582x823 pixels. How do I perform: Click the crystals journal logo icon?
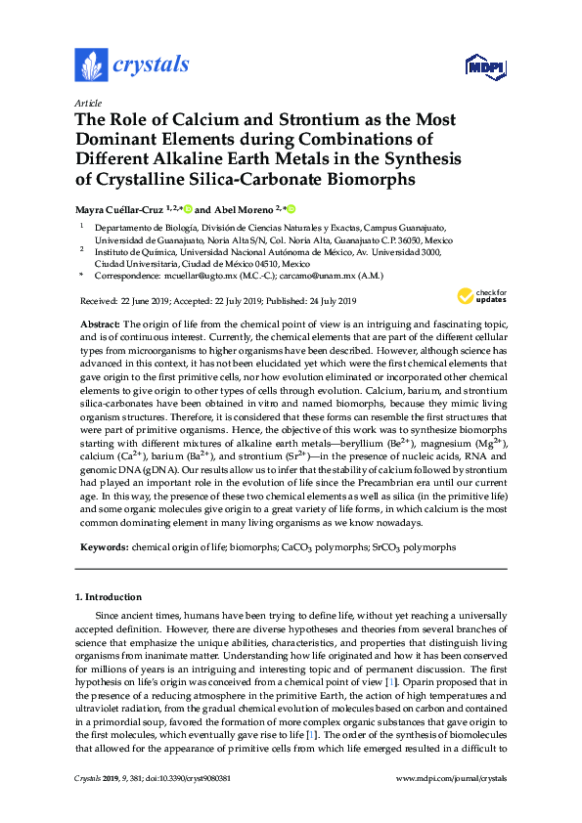91,65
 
